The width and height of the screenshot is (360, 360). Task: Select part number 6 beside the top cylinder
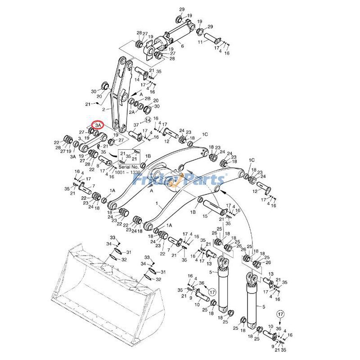click(182, 45)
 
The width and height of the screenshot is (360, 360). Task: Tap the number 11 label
click(201, 42)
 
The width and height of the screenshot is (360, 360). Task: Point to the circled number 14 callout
click(148, 120)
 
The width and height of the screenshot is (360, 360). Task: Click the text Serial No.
click(127, 166)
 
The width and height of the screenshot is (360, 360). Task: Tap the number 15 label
click(205, 216)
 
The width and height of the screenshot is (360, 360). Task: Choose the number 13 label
click(271, 274)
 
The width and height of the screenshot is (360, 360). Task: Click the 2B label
click(147, 99)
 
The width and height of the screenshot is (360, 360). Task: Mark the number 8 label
click(98, 165)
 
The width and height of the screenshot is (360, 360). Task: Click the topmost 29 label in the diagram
click(182, 9)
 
